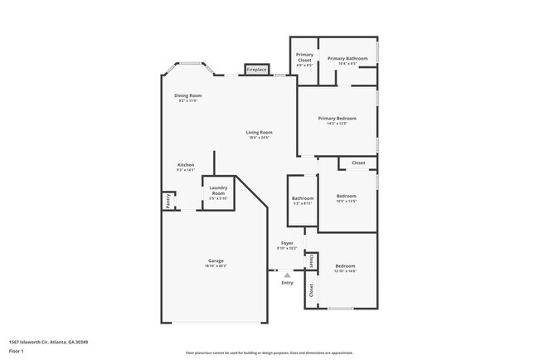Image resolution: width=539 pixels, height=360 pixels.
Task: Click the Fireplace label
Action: coord(256,70)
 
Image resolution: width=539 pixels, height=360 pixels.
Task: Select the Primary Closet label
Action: coord(305,58)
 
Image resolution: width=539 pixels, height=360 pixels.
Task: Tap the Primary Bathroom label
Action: coord(347,58)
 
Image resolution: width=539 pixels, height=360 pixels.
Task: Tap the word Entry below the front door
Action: coord(287,283)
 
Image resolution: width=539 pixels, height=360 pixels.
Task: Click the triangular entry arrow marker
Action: coord(287,274)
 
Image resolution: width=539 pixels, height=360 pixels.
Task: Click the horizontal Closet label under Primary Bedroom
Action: coord(358,163)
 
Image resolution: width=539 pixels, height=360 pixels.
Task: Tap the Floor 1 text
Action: coord(17,351)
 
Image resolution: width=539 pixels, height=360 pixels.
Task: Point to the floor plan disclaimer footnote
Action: coord(269,353)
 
